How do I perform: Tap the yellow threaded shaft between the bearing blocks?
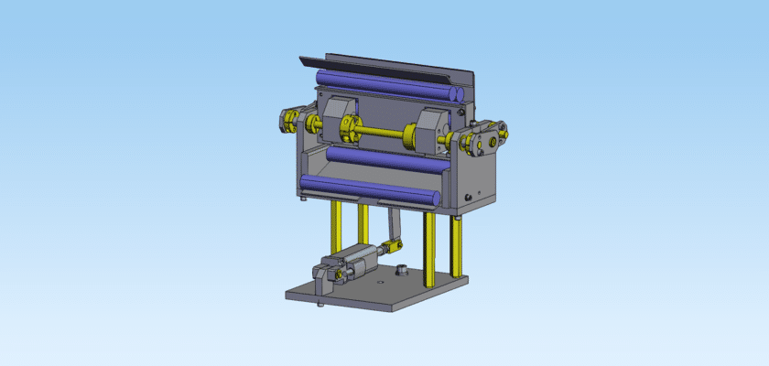coord(384,135)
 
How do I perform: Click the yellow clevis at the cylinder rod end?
coord(394,245)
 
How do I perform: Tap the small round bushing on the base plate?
coord(400,271)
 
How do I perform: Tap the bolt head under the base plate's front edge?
coord(320,304)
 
